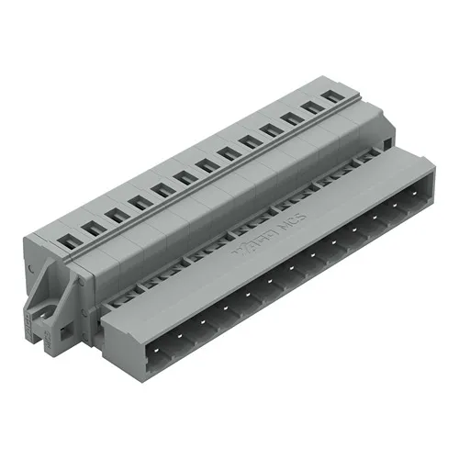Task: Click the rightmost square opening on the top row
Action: pos(335,101)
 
